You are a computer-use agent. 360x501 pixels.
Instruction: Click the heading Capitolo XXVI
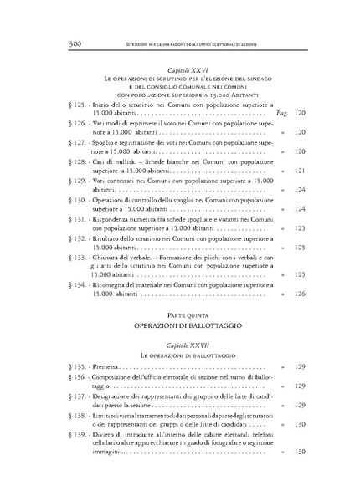pyautogui.click(x=180, y=67)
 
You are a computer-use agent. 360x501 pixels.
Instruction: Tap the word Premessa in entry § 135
pyautogui.click(x=105, y=366)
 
